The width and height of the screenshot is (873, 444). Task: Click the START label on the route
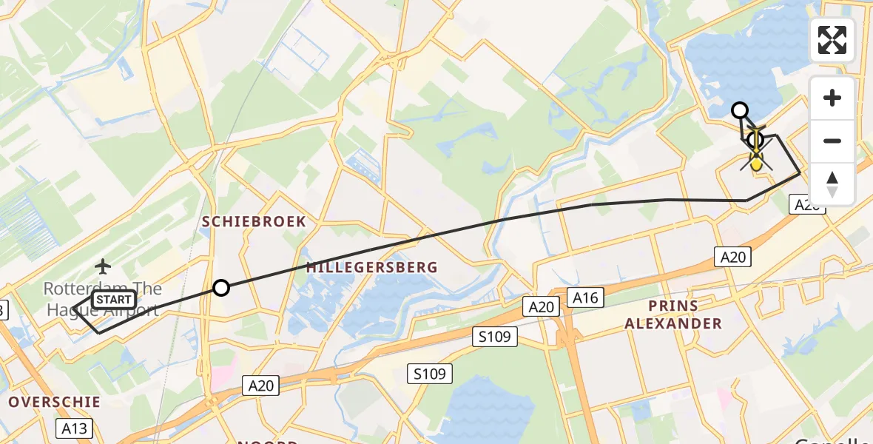tap(115, 300)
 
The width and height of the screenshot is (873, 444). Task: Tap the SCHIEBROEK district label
tap(255, 221)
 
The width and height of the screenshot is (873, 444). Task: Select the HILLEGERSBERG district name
tap(372, 267)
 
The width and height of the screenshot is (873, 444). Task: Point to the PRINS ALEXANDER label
tap(673, 314)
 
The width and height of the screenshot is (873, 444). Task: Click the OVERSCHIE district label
tap(54, 402)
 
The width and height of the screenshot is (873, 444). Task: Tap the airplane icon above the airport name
tap(102, 265)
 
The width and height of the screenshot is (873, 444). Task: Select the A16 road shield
tap(585, 297)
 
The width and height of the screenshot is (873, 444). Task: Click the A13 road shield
tap(74, 428)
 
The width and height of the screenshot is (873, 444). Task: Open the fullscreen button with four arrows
tap(832, 40)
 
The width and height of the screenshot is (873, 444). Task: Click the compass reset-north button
tap(832, 184)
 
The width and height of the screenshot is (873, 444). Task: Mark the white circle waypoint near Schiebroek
tap(221, 288)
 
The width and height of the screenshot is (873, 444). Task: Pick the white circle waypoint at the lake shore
tap(739, 111)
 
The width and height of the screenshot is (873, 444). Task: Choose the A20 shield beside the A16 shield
tap(541, 306)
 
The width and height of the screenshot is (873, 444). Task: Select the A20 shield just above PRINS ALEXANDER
tap(733, 257)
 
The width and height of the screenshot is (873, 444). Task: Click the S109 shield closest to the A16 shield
tap(494, 337)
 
